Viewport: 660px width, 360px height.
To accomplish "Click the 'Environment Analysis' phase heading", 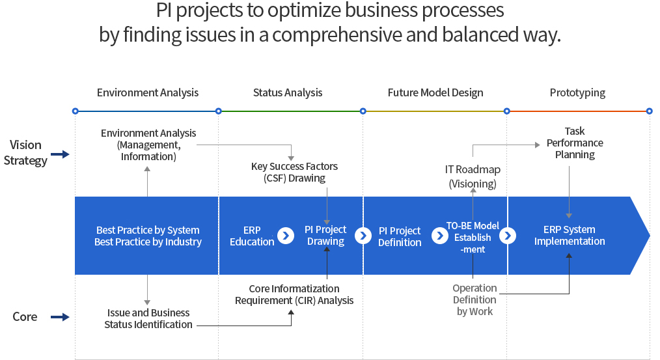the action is (148, 92).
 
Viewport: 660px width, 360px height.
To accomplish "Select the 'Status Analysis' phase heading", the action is (288, 92).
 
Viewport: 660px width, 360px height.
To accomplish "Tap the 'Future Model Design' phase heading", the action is (435, 92).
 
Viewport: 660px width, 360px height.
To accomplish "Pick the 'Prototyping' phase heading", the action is (577, 92).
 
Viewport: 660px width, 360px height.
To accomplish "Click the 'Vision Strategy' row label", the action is (25, 153).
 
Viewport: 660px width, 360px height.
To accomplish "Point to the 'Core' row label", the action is (25, 316).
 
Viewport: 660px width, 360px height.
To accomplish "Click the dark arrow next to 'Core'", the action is (60, 317).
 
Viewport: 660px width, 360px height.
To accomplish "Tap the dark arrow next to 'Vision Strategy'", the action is (60, 154).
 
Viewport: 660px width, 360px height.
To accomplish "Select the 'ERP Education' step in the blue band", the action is (252, 236).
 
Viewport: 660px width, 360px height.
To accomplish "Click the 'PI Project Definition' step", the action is (400, 236).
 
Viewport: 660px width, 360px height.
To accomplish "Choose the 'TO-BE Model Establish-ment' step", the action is (473, 238).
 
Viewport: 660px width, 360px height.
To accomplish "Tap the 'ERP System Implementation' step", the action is (570, 236).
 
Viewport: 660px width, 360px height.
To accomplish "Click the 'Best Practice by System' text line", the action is (148, 230).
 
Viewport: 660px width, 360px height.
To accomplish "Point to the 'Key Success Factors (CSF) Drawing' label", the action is (294, 173).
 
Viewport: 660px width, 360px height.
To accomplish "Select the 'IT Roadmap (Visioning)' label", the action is (473, 176).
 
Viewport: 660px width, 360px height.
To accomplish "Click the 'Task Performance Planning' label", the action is (575, 143).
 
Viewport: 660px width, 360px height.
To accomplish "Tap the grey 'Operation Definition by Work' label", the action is (474, 300).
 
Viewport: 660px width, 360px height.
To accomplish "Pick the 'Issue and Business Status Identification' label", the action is (148, 319).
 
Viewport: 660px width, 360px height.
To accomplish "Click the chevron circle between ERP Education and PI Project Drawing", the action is (286, 236).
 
